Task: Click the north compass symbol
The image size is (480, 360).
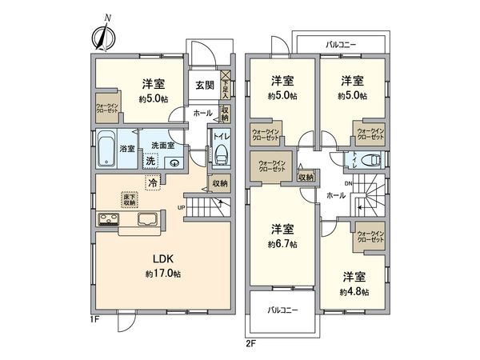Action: click(102, 35)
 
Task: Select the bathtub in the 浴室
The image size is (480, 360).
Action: click(106, 150)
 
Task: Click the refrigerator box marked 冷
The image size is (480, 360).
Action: click(152, 182)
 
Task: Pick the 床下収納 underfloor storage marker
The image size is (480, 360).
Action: click(129, 200)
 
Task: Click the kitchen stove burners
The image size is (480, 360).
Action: click(108, 221)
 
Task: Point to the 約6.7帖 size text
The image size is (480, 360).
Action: click(282, 243)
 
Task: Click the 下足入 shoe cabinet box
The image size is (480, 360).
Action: click(226, 84)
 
